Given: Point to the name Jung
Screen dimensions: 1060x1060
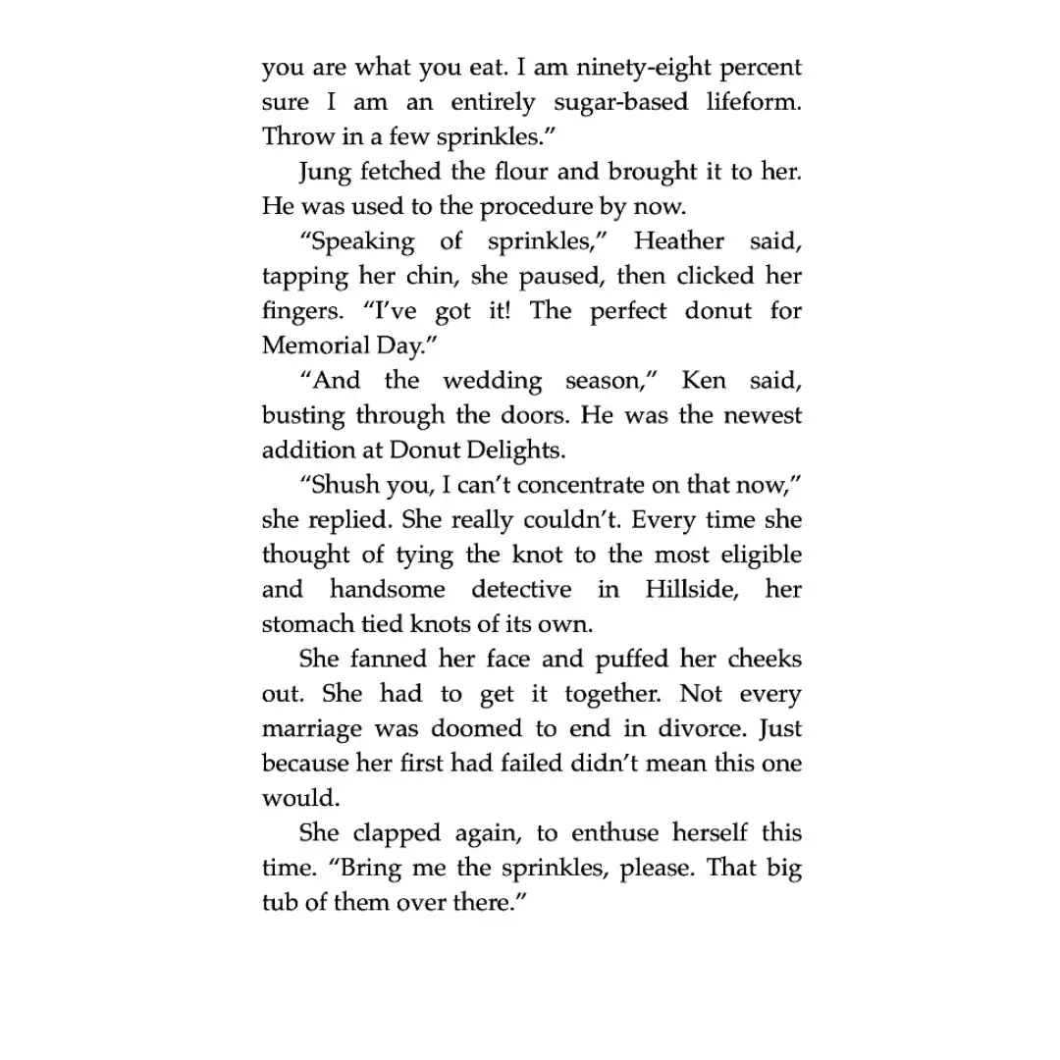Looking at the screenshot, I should coord(324,172).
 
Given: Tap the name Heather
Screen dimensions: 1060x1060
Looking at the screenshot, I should coord(679,241).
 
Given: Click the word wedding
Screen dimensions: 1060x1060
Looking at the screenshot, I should coord(492,381).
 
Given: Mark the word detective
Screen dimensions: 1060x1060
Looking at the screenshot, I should coord(521,590).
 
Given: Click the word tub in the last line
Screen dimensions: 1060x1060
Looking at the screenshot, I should coord(278,903).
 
